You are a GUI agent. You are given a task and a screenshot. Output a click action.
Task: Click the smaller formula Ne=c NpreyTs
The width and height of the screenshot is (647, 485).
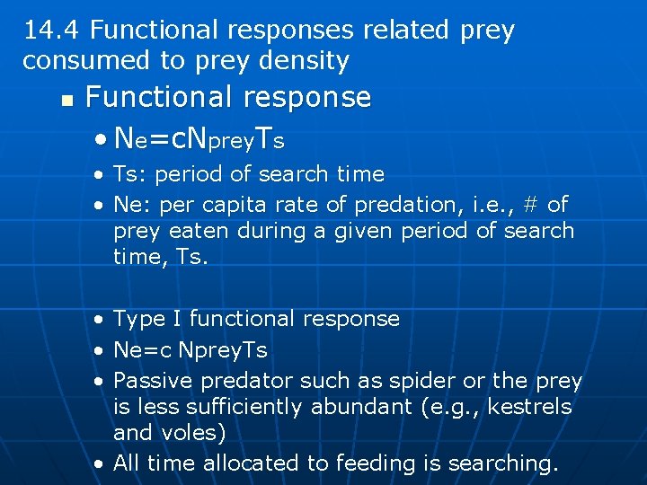click(x=191, y=349)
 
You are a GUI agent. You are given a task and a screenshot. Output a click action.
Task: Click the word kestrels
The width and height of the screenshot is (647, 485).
click(x=526, y=407)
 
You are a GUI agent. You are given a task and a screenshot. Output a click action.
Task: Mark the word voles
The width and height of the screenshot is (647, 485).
click(x=194, y=433)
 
